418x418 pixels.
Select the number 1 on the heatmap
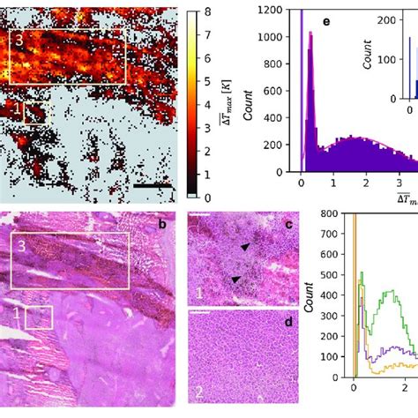(16, 109)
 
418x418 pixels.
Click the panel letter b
(162, 224)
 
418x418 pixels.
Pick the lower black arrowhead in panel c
(235, 280)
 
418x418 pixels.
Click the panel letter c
(287, 224)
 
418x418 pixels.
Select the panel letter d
(287, 321)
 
